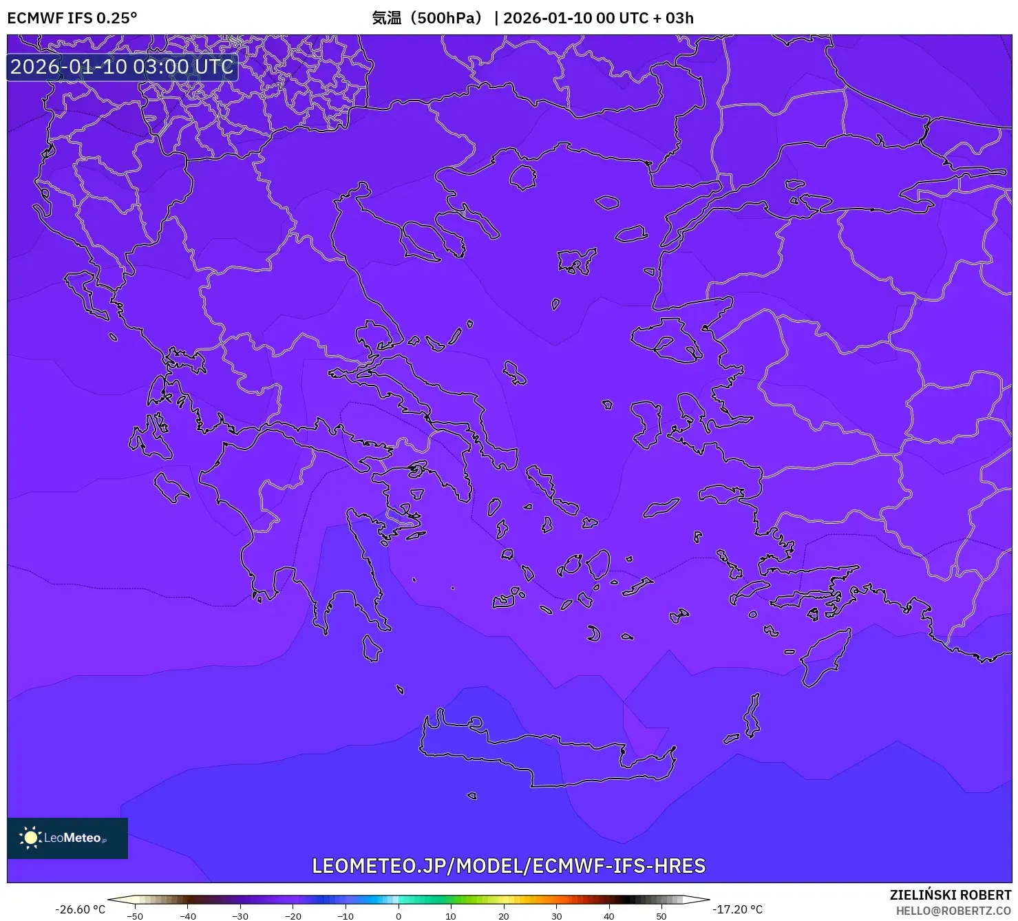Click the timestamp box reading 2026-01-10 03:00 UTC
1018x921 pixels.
tap(122, 67)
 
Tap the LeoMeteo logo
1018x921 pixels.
tap(67, 838)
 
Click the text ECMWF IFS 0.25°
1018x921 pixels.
tap(72, 18)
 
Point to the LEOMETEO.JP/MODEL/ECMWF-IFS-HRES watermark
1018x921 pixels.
tap(509, 866)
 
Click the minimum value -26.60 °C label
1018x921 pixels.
tap(80, 909)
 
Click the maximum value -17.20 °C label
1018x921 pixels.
tap(737, 909)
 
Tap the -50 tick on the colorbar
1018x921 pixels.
tap(135, 916)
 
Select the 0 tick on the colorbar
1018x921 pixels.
tap(398, 916)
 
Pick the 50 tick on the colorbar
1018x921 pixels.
tap(661, 916)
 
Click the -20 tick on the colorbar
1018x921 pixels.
tap(293, 916)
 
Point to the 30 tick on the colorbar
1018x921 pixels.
tap(556, 916)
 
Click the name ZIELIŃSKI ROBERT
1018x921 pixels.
tap(950, 895)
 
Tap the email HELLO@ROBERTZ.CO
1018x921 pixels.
tap(953, 911)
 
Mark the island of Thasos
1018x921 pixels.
tap(523, 177)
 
